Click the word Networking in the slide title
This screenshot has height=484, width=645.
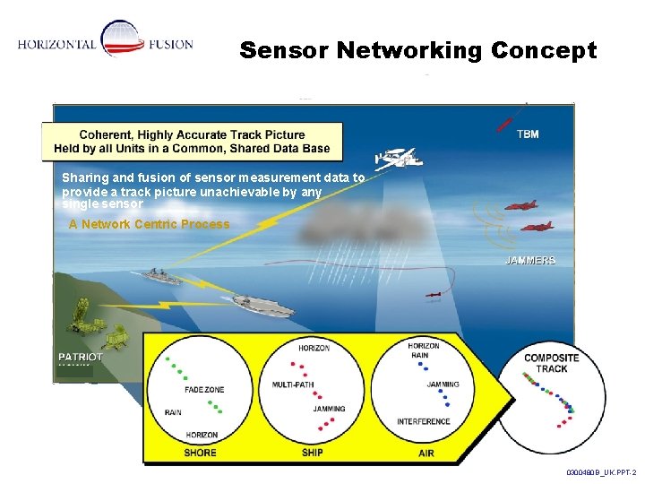411,51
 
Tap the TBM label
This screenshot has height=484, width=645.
528,134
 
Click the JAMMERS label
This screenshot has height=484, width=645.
530,260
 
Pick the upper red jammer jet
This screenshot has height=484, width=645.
520,205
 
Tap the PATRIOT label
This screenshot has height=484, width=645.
81,357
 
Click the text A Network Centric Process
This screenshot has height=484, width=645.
149,224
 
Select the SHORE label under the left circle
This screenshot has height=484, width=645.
200,453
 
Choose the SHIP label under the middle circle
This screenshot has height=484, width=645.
312,453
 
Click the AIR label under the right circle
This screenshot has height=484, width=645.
426,453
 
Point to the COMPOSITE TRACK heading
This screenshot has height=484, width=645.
551,363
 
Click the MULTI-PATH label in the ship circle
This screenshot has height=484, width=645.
292,384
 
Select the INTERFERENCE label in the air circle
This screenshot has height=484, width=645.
424,421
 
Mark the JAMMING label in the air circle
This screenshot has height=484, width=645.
443,384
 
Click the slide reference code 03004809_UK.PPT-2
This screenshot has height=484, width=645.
600,471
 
